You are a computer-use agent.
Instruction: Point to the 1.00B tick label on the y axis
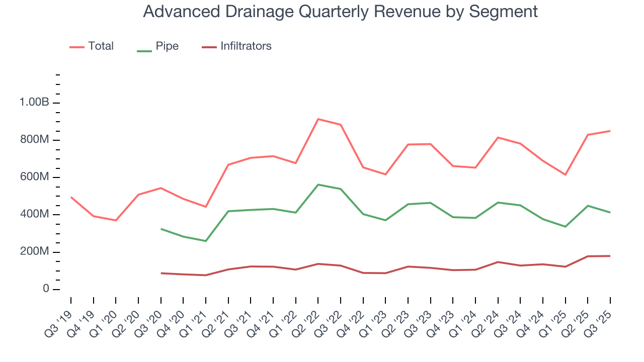click(x=34, y=103)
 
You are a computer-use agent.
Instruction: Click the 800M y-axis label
click(x=34, y=140)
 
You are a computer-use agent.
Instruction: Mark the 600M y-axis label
click(x=34, y=177)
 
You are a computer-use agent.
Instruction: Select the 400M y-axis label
click(x=34, y=215)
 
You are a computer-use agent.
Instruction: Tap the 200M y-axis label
click(x=34, y=252)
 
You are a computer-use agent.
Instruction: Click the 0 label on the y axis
click(x=45, y=289)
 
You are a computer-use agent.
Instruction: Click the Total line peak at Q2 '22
click(x=318, y=119)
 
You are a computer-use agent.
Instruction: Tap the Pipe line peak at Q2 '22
click(x=318, y=185)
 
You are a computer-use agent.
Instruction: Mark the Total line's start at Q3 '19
click(x=71, y=197)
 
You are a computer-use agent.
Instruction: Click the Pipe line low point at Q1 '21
click(x=206, y=241)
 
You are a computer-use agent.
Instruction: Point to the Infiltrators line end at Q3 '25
click(x=610, y=256)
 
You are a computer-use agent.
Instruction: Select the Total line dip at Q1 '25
click(x=566, y=174)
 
